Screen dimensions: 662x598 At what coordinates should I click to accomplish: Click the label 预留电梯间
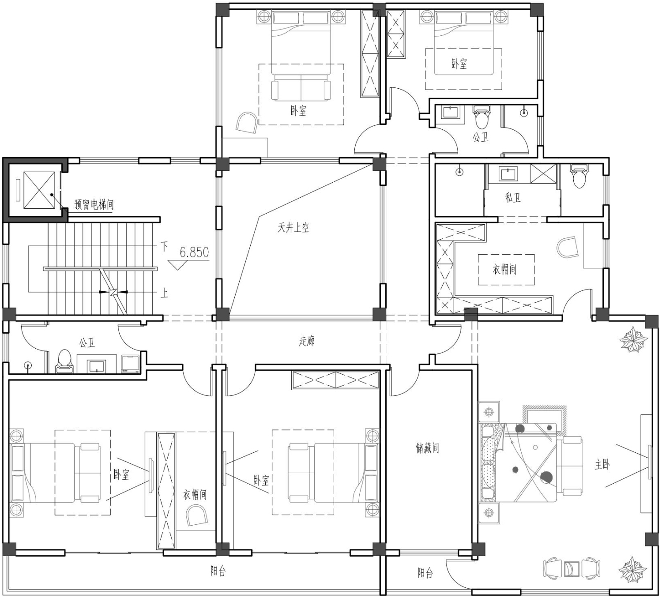pyautogui.click(x=94, y=205)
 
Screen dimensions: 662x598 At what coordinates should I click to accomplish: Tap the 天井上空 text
pyautogui.click(x=293, y=228)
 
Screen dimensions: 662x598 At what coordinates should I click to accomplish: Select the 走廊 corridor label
pyautogui.click(x=307, y=341)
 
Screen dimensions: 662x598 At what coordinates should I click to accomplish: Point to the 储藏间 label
pyautogui.click(x=427, y=448)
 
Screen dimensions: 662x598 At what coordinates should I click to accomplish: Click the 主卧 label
pyautogui.click(x=602, y=465)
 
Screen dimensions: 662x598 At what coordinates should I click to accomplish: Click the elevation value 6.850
pyautogui.click(x=194, y=252)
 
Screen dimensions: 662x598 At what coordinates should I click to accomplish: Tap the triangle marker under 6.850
pyautogui.click(x=177, y=265)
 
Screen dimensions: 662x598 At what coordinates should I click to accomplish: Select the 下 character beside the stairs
pyautogui.click(x=164, y=246)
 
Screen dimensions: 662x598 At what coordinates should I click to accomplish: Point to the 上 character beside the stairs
pyautogui.click(x=164, y=293)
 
